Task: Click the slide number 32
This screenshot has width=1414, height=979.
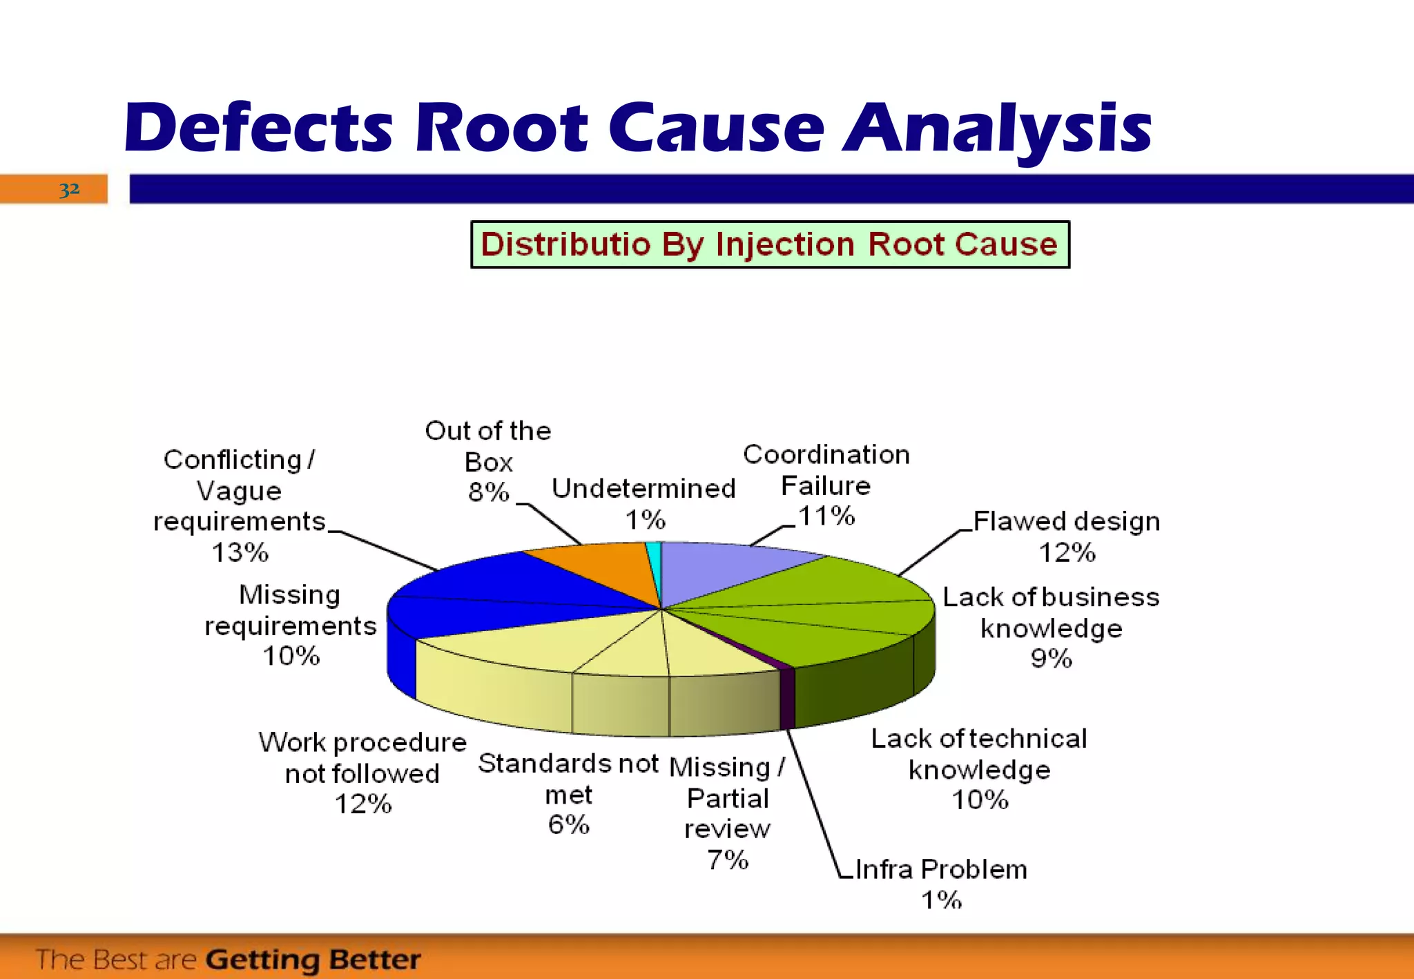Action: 69,188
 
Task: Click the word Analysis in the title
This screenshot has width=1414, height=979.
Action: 997,129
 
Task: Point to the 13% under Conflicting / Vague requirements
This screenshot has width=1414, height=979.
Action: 240,552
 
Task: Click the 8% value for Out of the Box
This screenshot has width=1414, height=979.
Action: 488,492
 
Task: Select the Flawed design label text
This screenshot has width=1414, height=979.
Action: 1066,521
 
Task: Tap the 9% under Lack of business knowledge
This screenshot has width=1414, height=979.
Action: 1051,659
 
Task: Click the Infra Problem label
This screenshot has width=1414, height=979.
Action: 940,869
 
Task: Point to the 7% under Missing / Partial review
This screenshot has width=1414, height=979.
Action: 727,860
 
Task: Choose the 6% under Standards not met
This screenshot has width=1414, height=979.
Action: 568,824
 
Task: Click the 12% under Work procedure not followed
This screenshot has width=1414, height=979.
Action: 363,804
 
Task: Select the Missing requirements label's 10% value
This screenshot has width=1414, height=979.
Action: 291,656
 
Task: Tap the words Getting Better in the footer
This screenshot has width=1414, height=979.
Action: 313,960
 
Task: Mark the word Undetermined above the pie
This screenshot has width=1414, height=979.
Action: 643,489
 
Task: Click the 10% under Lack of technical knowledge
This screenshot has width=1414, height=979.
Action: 980,800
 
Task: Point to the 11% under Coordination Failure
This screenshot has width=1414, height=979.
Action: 826,516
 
